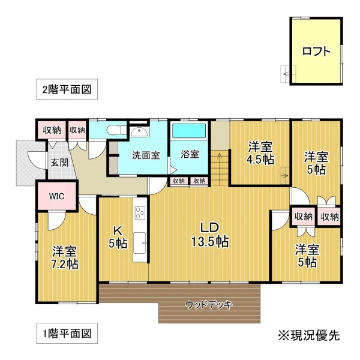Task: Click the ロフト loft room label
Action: point(316,52)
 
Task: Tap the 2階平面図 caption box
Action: point(67,89)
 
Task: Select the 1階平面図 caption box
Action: point(67,334)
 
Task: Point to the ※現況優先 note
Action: point(309,335)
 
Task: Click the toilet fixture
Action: point(116,130)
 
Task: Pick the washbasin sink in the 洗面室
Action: point(140,132)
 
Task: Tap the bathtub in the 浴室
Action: point(189,131)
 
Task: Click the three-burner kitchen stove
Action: point(140,213)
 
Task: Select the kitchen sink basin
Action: point(140,243)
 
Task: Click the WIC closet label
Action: point(57,196)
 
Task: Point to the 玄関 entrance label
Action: point(59,163)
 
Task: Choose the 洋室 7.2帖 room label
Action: point(65,257)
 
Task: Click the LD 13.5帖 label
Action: point(210,235)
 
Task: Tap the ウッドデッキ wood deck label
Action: point(209,305)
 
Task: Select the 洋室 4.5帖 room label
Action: point(260,153)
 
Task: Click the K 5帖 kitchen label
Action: point(118,237)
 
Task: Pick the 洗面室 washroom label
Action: point(146,155)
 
